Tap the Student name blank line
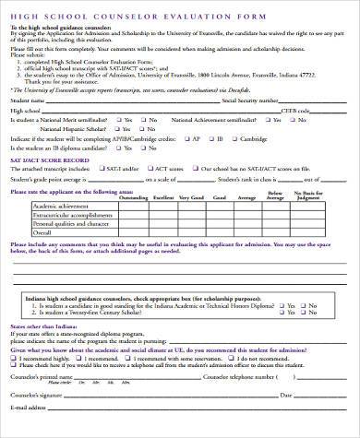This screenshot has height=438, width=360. [x=120, y=102]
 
